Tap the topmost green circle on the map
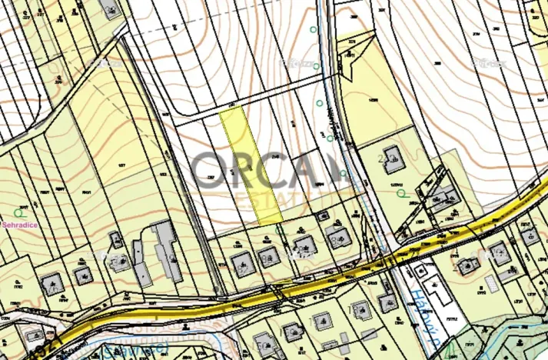tap(313, 29)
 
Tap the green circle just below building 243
tap(400, 193)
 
